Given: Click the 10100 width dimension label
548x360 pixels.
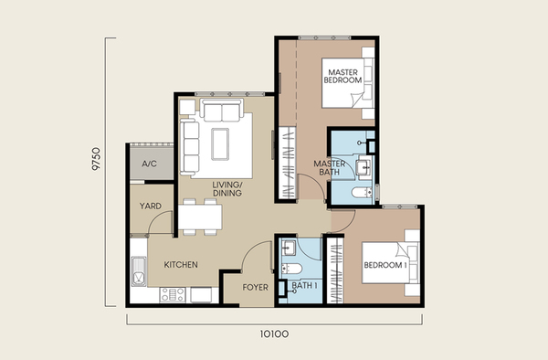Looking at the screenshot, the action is click(x=274, y=334).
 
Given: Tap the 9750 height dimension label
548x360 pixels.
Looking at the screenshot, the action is click(x=96, y=159).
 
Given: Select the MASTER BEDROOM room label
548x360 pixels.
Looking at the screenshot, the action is click(x=342, y=76).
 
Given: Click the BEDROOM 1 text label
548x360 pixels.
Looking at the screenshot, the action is click(x=385, y=265).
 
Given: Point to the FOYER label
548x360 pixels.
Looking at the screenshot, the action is click(x=256, y=287).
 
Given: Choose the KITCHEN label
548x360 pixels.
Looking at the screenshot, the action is click(x=181, y=265).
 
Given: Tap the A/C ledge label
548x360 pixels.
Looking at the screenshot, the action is click(x=149, y=164).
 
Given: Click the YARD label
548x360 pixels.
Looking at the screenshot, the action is click(x=151, y=206).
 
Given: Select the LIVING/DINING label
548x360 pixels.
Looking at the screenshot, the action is click(x=227, y=189).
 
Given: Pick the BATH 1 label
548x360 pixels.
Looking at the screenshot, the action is click(x=304, y=286).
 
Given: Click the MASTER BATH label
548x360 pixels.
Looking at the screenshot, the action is click(x=329, y=168).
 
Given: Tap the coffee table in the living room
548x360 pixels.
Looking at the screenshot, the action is click(x=220, y=144).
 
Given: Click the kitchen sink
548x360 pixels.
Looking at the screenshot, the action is click(x=139, y=271).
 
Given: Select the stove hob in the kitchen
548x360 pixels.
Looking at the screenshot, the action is click(x=173, y=294).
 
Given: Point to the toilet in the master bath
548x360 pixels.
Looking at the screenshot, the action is click(x=362, y=192).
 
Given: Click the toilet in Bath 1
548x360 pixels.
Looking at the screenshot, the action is click(x=291, y=269).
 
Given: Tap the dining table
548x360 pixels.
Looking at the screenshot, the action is click(x=200, y=217).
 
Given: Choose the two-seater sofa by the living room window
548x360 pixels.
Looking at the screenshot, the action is click(x=222, y=111).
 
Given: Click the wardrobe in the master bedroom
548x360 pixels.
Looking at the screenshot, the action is click(x=288, y=163).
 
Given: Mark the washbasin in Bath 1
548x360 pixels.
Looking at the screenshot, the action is click(x=289, y=248).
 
